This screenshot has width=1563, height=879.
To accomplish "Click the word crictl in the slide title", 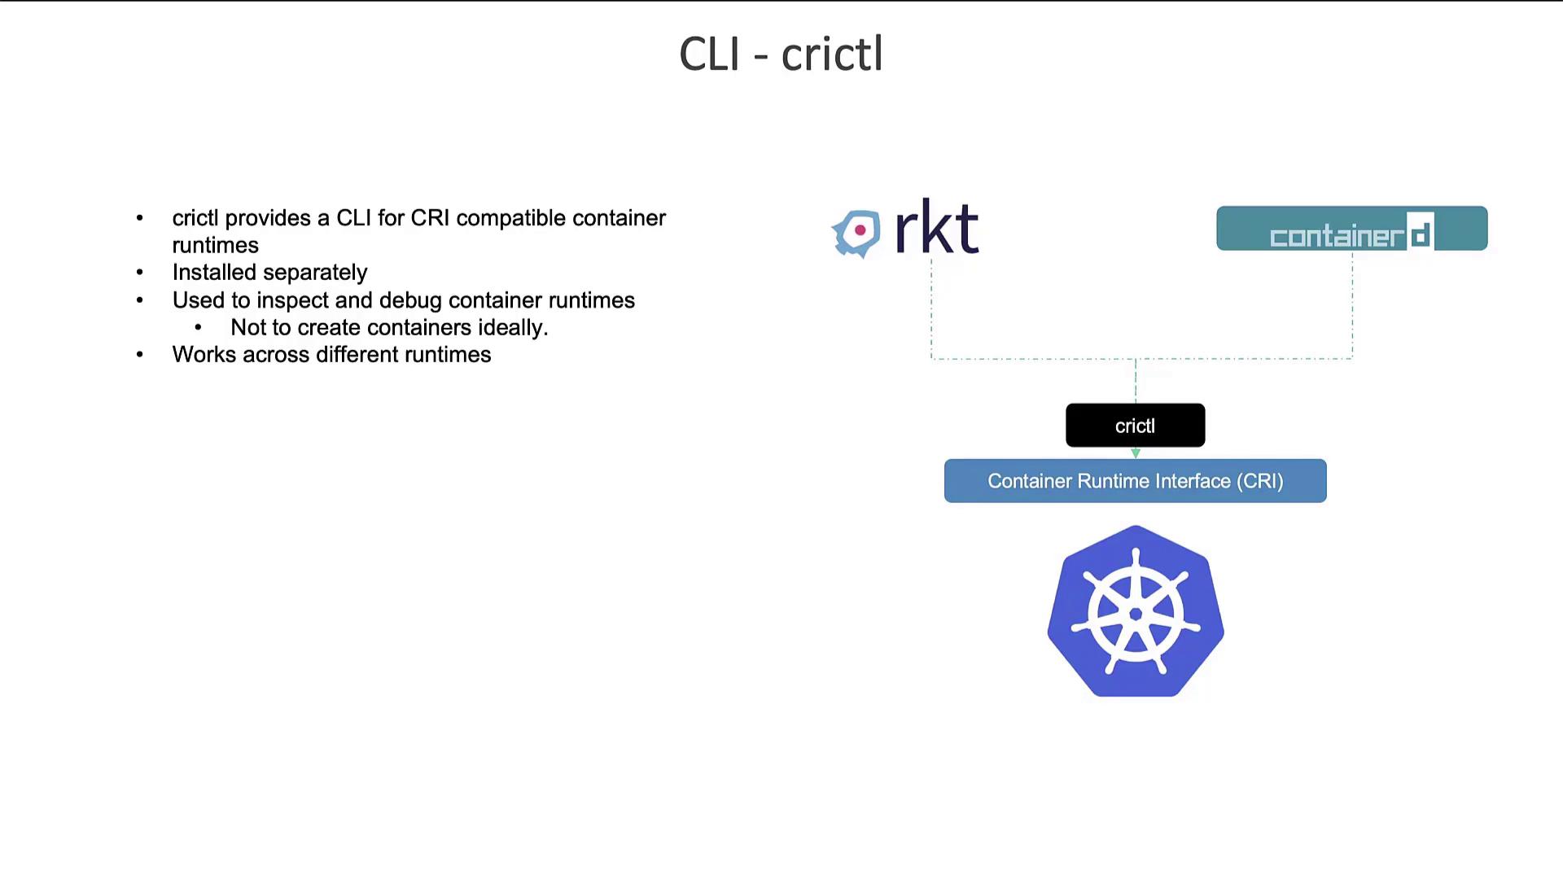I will click(832, 55).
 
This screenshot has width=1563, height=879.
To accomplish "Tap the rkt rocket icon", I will click(857, 233).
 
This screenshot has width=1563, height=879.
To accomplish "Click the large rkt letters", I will click(936, 228).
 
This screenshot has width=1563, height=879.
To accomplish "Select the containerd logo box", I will click(1351, 229).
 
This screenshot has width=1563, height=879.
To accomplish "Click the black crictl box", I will click(1135, 426).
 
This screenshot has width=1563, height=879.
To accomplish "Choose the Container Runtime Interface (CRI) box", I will click(1135, 481).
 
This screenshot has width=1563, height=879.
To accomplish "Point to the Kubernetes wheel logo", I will click(1136, 612).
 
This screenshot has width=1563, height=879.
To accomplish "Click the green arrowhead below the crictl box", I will click(1136, 453).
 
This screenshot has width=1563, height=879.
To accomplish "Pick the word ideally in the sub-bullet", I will click(513, 327).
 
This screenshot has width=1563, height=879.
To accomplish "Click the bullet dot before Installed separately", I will click(140, 273).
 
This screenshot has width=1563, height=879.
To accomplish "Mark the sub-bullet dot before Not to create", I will click(198, 327).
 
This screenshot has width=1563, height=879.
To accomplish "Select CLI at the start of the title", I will click(709, 55).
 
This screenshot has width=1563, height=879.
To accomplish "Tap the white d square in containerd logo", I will click(1421, 233).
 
